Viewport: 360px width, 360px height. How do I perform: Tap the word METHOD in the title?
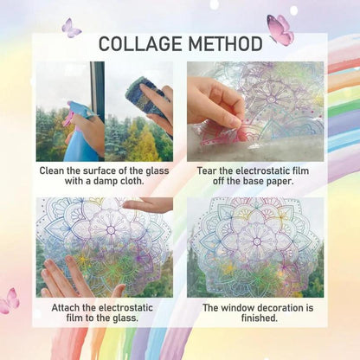point(222,43)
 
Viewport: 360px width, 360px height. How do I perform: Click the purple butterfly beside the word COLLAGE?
point(71,29)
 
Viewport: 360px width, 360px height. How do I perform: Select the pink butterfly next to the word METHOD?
point(280,29)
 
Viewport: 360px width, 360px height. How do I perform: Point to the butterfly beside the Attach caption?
point(10,300)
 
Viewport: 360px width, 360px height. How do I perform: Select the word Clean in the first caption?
point(54,171)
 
